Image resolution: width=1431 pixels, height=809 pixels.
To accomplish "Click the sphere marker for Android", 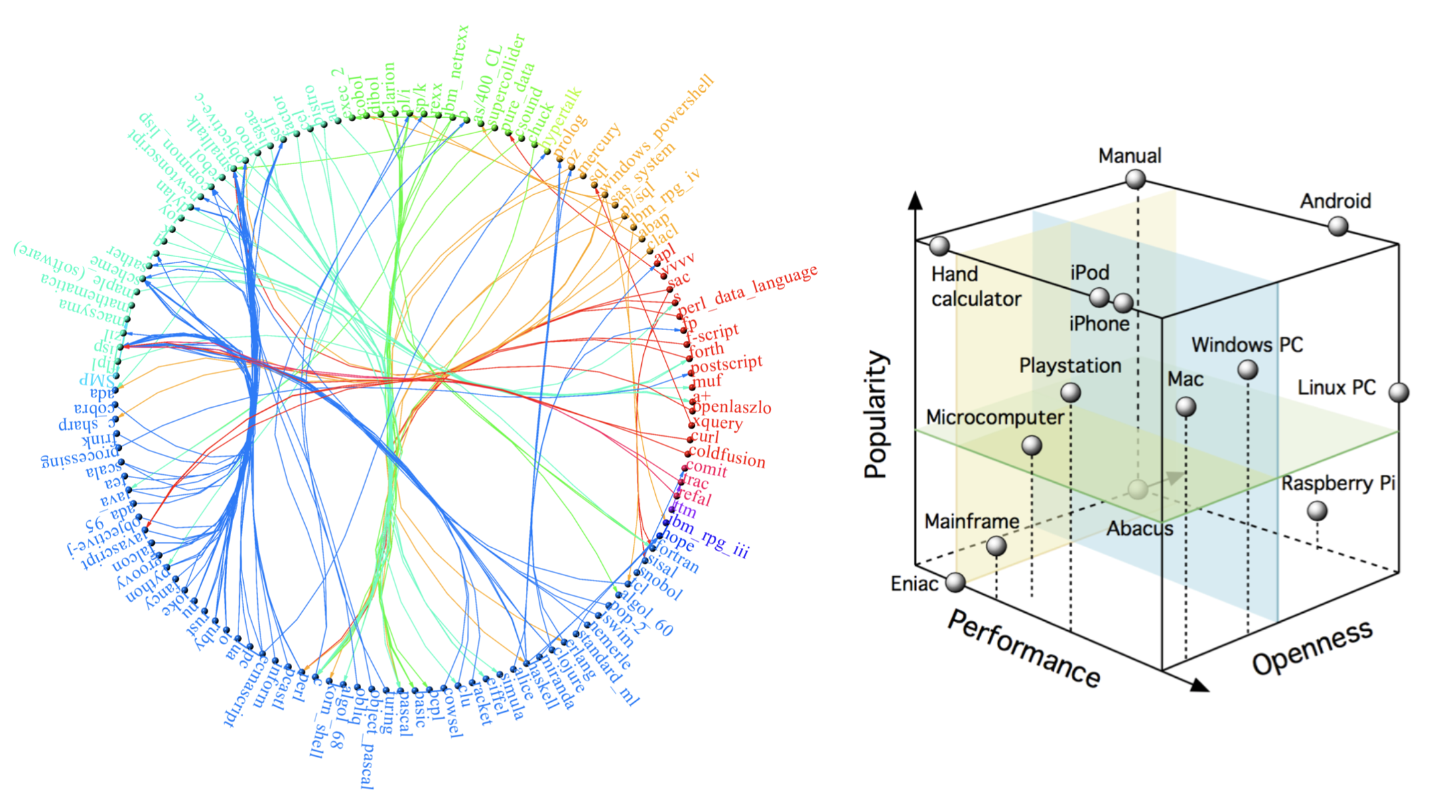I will (1338, 226).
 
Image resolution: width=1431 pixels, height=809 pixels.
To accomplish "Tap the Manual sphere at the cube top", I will (1135, 179).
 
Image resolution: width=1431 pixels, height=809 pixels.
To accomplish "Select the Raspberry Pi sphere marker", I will (1317, 512).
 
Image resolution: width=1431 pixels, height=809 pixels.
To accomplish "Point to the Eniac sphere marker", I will (955, 583).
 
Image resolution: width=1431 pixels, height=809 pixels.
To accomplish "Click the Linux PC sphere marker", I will (1398, 392).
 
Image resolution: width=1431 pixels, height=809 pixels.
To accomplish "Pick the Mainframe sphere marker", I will (996, 546).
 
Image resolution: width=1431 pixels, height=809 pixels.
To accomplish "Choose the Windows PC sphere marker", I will (1247, 370).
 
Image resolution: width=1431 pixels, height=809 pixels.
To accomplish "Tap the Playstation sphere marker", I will (1071, 392).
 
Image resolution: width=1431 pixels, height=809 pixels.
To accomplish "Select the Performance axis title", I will (1024, 648).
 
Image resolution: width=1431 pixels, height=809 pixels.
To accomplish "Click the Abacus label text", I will (1140, 529).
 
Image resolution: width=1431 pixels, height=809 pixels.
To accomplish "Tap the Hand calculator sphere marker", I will (939, 246).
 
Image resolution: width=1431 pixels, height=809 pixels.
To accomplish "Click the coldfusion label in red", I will (727, 457).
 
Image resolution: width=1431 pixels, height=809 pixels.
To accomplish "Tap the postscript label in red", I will (727, 364).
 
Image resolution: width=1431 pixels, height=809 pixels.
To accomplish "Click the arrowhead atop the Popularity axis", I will (915, 200).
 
